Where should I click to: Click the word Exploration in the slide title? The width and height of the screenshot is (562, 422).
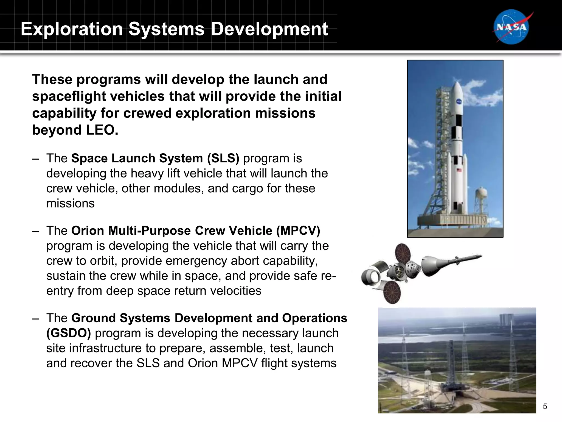tap(72, 29)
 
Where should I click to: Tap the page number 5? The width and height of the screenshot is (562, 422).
tap(545, 406)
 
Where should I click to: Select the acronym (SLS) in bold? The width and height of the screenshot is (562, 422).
tap(223, 159)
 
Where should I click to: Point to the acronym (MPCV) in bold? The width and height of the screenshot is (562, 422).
tap(298, 231)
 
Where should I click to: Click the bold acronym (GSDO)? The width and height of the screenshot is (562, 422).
tap(68, 333)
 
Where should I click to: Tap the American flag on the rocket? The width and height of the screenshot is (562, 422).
tap(459, 170)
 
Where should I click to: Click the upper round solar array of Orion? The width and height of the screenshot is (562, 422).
tap(403, 254)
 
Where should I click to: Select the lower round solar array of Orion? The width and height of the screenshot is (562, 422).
tap(392, 293)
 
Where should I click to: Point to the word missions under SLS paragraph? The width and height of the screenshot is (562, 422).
tap(70, 204)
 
